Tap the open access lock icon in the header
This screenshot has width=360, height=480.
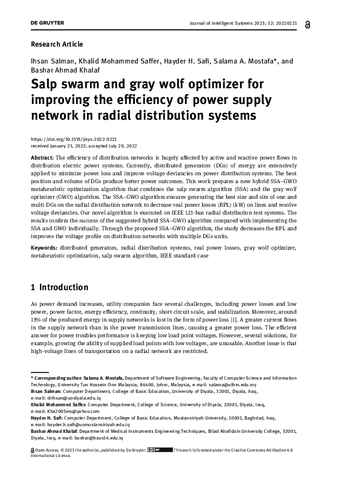pos(326,23)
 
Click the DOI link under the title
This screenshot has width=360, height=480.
pos(73,139)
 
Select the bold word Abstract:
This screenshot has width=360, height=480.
pos(42,157)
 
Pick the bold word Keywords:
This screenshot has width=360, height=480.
pos(44,248)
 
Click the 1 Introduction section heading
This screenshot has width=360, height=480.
pos(59,287)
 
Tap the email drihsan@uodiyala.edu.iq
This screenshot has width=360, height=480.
pos(68,398)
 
